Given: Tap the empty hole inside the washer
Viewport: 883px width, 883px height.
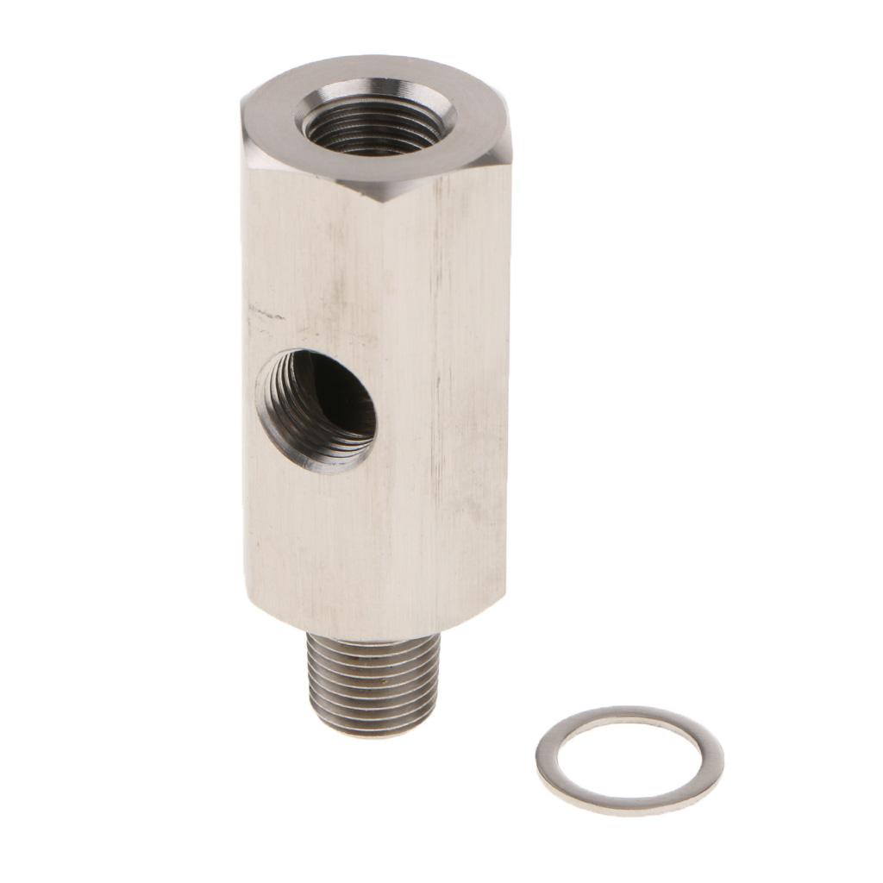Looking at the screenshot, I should pos(629,759).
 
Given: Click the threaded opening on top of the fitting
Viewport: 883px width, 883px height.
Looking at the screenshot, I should pos(377,122).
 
